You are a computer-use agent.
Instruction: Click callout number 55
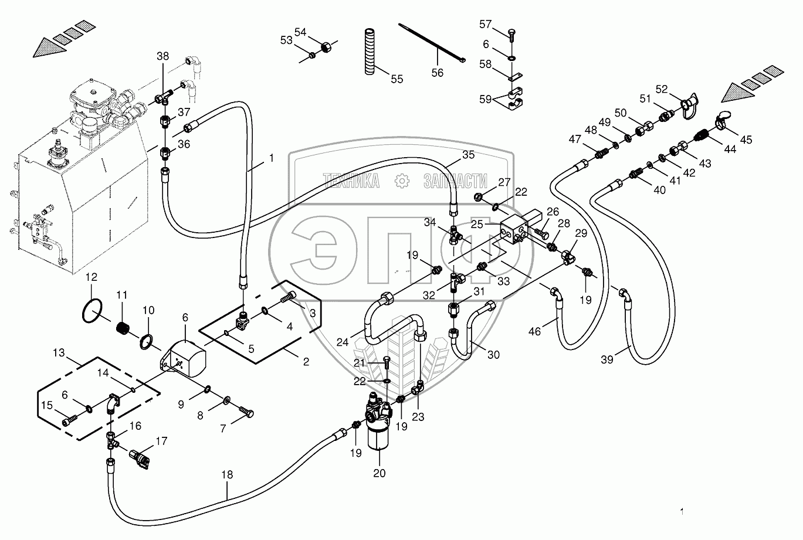point(397,79)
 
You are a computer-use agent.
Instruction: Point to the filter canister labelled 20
point(378,431)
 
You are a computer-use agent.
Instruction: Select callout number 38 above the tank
point(162,57)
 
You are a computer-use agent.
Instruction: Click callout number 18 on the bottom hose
point(227,474)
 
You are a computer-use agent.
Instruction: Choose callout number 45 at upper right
point(746,140)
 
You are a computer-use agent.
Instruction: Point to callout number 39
point(607,359)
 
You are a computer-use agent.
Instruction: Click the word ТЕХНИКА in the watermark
point(350,182)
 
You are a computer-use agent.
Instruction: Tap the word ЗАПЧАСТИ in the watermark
point(455,182)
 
